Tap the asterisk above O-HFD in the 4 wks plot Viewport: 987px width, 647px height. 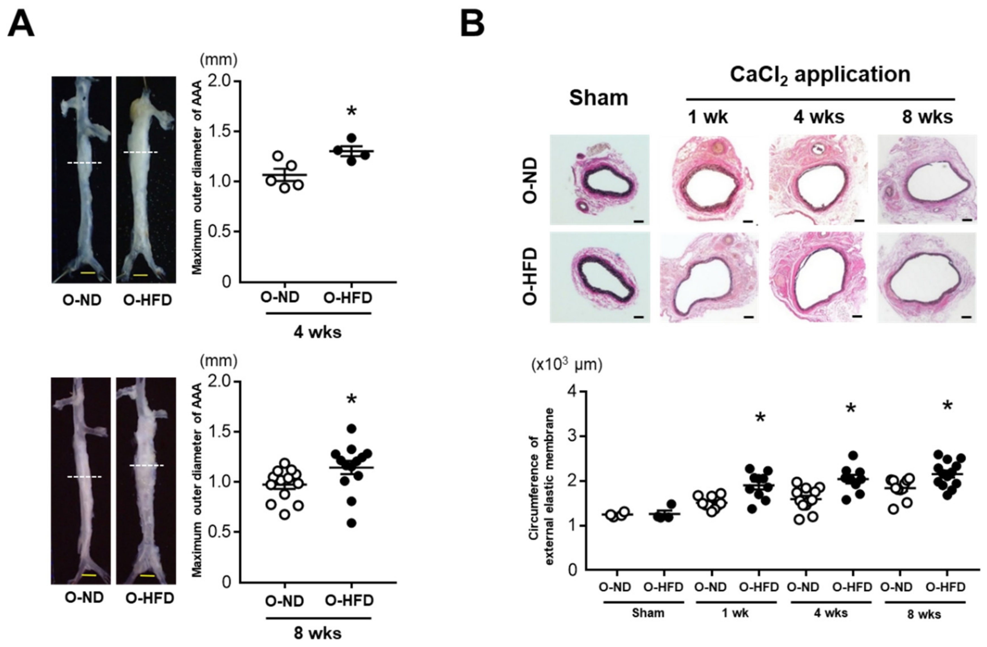point(351,111)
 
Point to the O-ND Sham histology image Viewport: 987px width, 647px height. point(600,180)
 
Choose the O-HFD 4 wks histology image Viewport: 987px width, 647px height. point(818,277)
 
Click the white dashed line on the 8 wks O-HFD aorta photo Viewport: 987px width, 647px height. point(147,465)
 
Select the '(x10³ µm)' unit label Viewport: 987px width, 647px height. point(567,365)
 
